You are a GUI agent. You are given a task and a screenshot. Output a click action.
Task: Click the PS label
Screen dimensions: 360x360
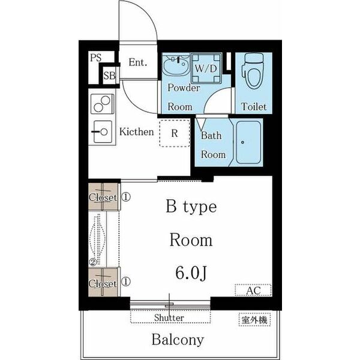point(96,58)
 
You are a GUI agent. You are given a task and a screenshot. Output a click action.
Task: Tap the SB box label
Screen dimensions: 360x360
point(109,76)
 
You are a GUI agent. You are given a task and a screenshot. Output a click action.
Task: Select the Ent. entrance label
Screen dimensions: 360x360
point(138,62)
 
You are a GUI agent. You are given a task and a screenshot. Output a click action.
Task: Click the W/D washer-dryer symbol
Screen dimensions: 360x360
point(206,68)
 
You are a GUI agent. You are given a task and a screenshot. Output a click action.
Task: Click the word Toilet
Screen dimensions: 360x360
point(253,107)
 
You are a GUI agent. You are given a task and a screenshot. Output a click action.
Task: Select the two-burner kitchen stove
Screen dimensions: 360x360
point(103,104)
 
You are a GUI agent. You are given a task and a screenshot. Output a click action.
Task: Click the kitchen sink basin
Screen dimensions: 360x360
point(103,132)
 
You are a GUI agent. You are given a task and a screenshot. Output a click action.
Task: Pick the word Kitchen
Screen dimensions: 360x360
point(137,132)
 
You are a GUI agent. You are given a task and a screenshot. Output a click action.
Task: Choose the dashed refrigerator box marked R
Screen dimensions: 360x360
point(175,133)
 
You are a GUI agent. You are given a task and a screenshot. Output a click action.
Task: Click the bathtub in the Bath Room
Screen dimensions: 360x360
point(248,142)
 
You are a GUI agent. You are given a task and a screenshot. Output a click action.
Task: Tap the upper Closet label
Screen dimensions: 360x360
point(103,197)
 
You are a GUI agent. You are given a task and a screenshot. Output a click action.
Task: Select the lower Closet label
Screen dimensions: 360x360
point(103,284)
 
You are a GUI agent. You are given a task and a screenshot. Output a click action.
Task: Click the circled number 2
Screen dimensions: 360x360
point(93,262)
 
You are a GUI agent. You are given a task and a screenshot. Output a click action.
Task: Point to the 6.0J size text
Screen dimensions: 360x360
point(191,273)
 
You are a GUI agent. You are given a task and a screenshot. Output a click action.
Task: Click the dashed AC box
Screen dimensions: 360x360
point(253,290)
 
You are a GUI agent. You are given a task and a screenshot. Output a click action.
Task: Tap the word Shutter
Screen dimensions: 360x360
point(169,318)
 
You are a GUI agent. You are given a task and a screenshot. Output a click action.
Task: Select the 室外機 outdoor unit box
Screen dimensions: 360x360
point(254,320)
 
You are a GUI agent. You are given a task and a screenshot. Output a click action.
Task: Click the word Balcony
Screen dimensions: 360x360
point(178,340)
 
